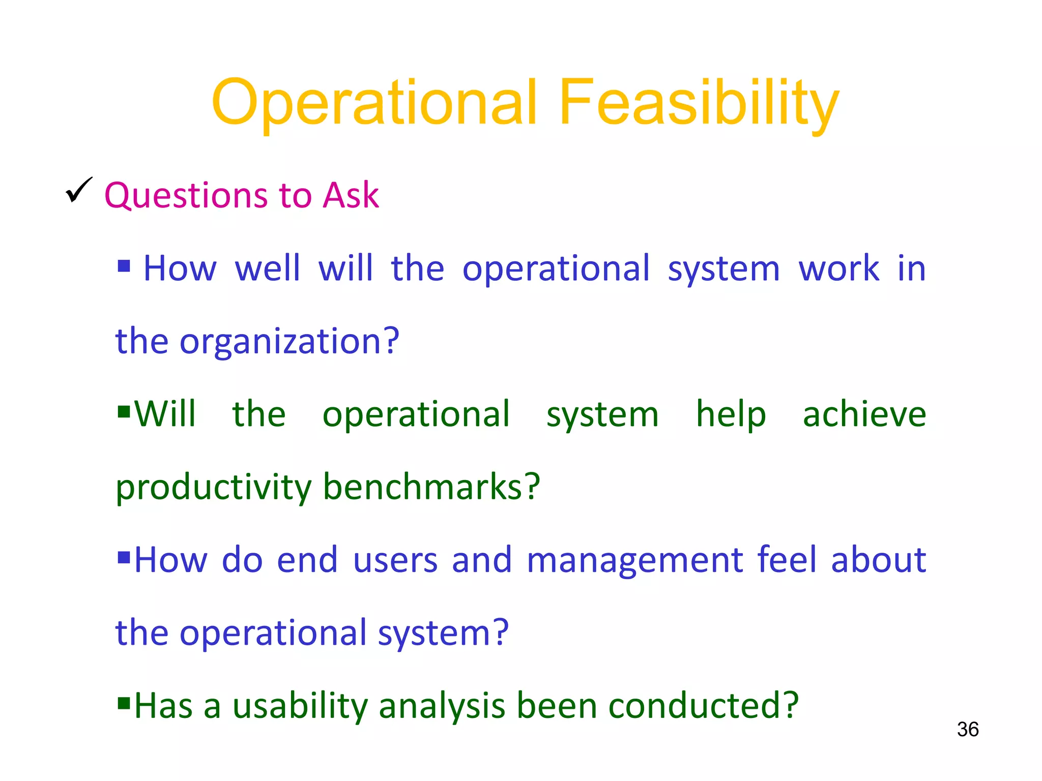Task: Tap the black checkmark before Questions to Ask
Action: click(x=79, y=190)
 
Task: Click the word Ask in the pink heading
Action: click(x=351, y=195)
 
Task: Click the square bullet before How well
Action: click(x=124, y=265)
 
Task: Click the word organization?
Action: click(x=290, y=342)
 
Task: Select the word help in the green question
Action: click(x=731, y=414)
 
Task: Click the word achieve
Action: click(x=864, y=414)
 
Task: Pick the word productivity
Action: click(x=214, y=488)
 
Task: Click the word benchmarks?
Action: click(x=431, y=487)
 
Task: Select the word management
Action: click(x=635, y=560)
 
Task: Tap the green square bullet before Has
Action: click(x=124, y=703)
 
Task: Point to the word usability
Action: click(x=300, y=706)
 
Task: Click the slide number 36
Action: click(x=968, y=729)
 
